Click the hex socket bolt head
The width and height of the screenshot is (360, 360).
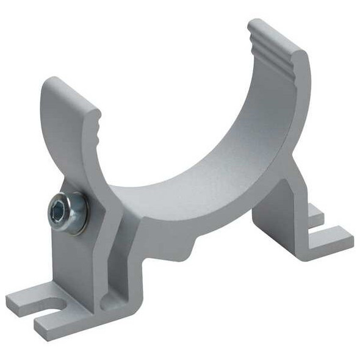pos(62,211)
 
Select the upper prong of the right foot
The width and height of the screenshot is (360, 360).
pos(314,214)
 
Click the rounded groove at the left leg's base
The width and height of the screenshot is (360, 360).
pos(110,299)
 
